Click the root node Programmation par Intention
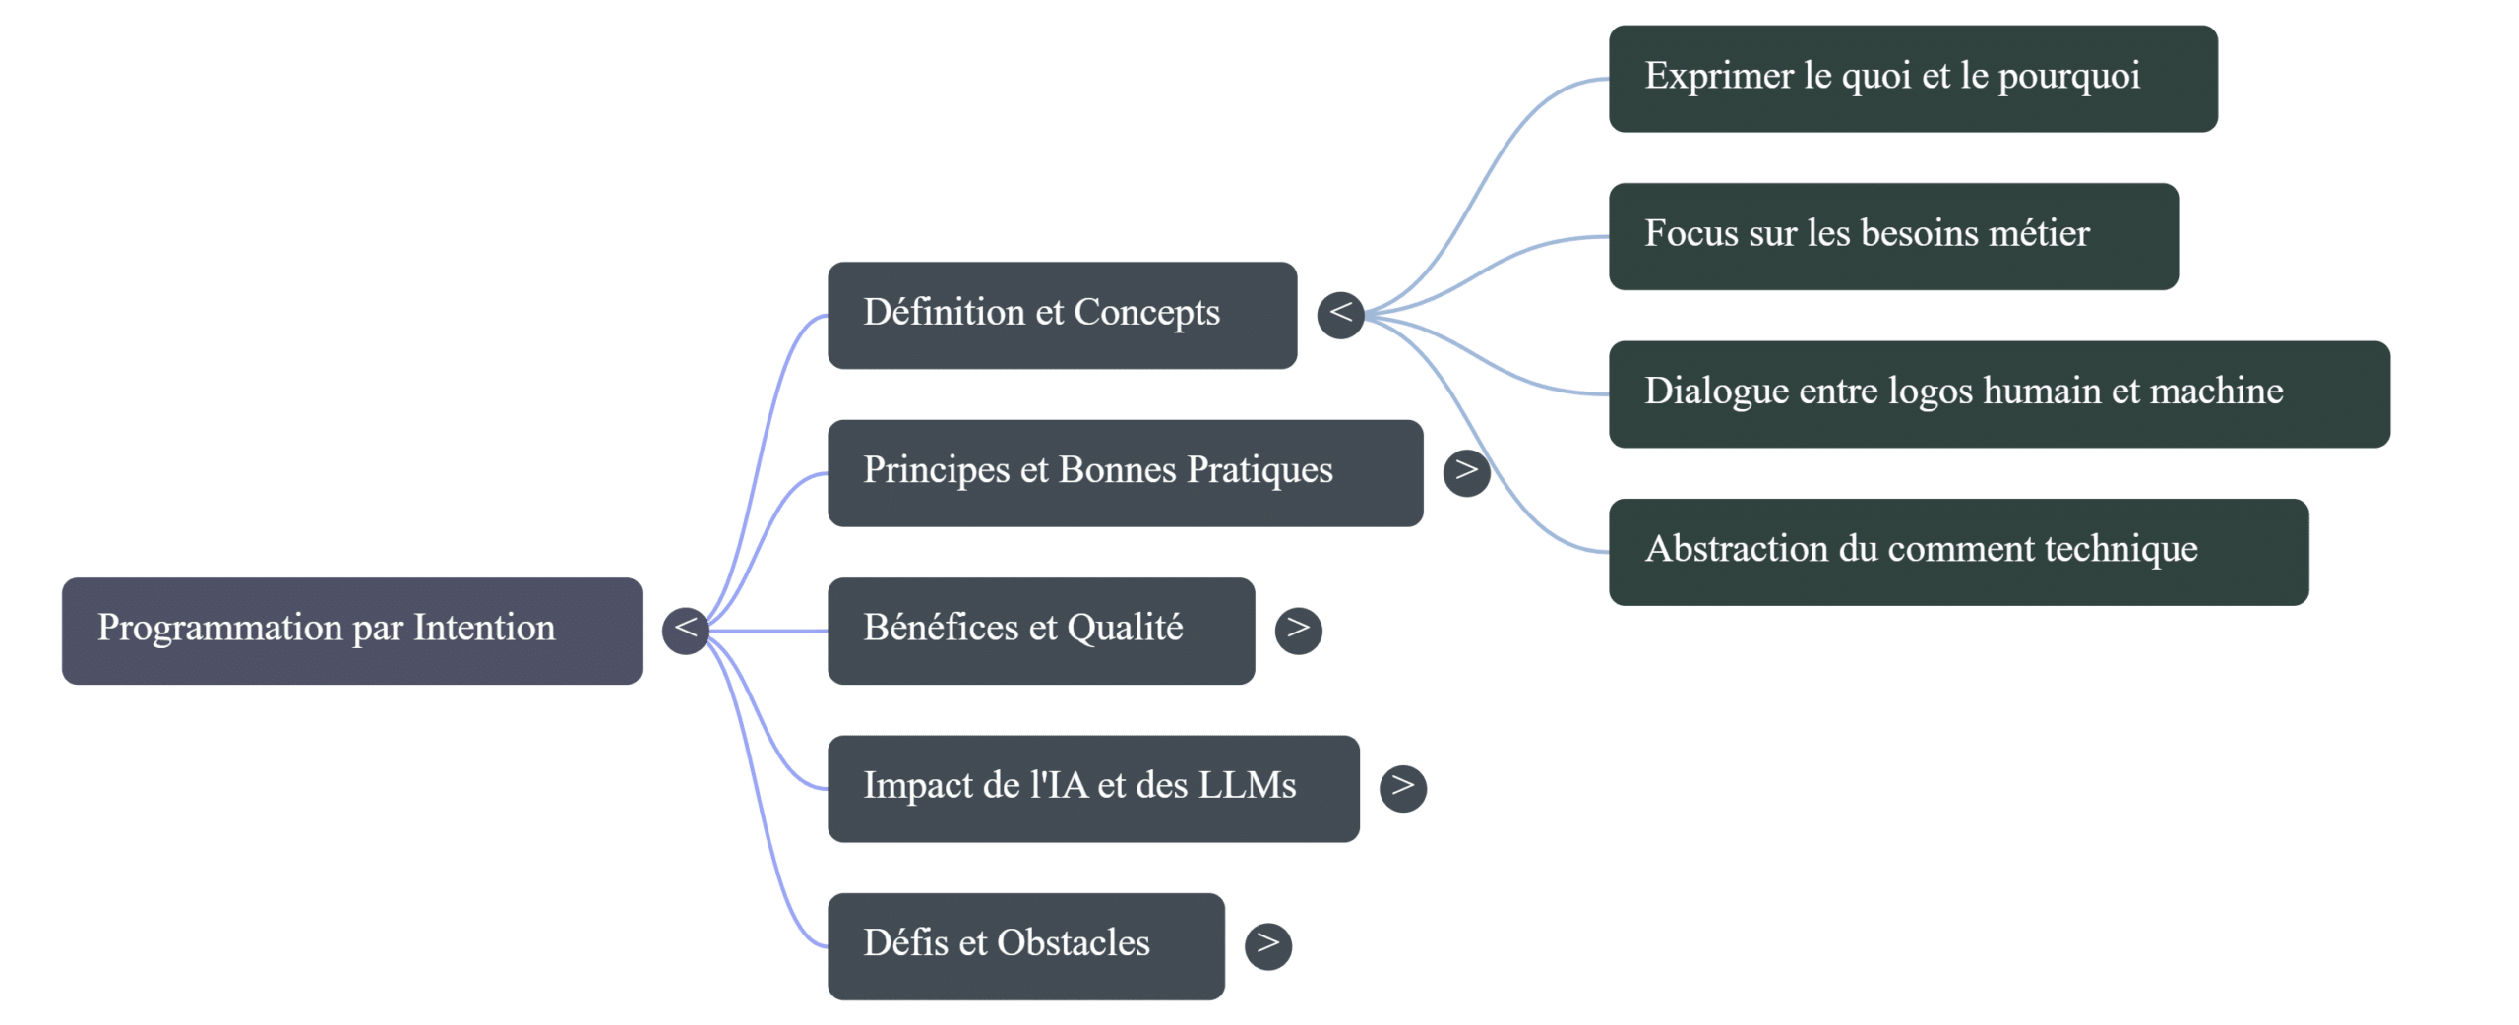click(351, 631)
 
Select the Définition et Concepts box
click(1062, 315)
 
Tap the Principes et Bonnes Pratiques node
click(1125, 473)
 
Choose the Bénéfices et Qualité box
click(1041, 631)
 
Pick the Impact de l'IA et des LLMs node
click(1093, 788)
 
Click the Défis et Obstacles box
click(1025, 946)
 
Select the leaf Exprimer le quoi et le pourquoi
click(1913, 79)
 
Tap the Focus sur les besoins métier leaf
click(1893, 236)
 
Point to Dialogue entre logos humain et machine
click(1998, 394)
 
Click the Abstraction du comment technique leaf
click(1958, 552)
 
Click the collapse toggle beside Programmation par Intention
click(686, 631)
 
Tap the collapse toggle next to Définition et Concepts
click(1340, 315)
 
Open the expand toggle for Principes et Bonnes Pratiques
click(1466, 473)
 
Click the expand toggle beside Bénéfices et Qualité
click(1298, 631)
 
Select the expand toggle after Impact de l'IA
click(1403, 788)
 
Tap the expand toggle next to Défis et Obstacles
click(1267, 946)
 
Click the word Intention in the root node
click(484, 628)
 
